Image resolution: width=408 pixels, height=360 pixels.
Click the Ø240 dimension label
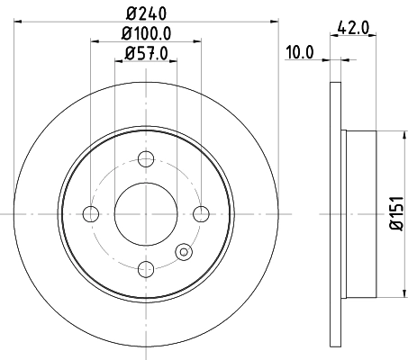(x=144, y=13)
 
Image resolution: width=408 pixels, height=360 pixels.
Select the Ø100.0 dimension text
(x=145, y=33)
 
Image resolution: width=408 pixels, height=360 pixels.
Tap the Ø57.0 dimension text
(x=145, y=52)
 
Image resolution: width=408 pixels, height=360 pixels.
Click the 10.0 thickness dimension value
(x=299, y=52)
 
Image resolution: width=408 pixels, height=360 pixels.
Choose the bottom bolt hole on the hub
(x=145, y=268)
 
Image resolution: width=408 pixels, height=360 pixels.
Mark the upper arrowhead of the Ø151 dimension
(x=400, y=135)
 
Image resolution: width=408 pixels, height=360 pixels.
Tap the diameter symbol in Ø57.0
(x=125, y=52)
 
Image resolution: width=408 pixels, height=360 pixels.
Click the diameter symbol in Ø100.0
(x=122, y=33)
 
